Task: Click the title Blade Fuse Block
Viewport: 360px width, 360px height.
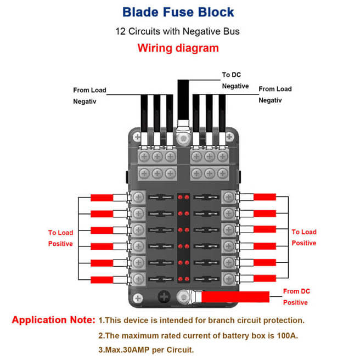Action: click(178, 12)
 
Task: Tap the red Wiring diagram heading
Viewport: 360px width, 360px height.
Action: click(178, 48)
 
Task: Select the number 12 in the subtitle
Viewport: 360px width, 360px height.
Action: click(121, 31)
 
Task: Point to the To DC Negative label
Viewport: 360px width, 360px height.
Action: click(235, 80)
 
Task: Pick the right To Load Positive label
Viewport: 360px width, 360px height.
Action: click(303, 237)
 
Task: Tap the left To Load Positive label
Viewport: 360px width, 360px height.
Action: click(60, 238)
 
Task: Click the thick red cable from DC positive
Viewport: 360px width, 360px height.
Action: click(236, 297)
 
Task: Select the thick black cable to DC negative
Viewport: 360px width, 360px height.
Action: click(182, 102)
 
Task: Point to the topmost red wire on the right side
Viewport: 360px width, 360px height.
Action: click(265, 198)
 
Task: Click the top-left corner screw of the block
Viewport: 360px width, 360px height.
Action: click(137, 137)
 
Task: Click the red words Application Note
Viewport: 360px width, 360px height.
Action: click(53, 320)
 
